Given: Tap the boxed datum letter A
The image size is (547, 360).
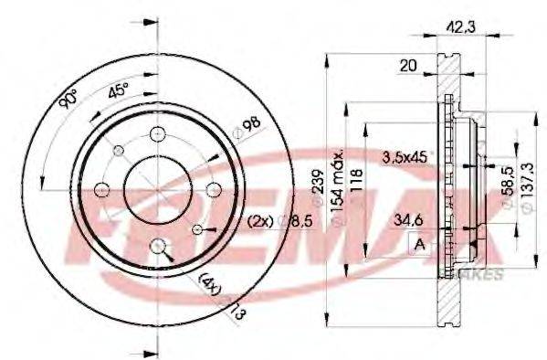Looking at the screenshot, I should [420, 244].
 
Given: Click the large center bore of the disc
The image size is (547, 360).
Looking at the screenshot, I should [158, 188].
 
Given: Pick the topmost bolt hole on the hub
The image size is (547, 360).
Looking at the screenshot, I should [158, 132].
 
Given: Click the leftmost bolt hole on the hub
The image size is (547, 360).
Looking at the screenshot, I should [102, 189].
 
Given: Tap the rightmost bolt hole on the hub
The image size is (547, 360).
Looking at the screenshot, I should [215, 189].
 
